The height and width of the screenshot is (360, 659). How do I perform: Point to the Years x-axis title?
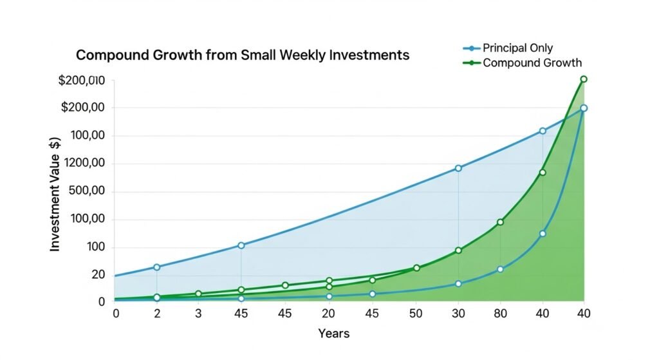coord(333,334)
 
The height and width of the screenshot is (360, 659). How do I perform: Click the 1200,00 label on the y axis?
coord(82,164)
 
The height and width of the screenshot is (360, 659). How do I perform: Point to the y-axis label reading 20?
coord(98,274)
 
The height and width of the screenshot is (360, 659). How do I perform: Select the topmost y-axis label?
coord(81,81)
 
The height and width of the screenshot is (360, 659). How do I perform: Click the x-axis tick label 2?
coord(156,314)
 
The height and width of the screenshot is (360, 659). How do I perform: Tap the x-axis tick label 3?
coord(198,314)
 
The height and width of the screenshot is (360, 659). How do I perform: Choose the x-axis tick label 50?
coord(416,314)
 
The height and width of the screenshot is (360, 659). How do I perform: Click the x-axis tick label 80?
coord(500,314)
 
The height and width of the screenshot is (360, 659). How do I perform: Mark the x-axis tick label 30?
coord(458,314)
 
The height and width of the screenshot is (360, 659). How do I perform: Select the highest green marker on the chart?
coord(584,79)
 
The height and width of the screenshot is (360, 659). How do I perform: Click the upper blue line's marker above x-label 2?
coord(156,267)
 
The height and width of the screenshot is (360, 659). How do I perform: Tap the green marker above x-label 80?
coord(500,222)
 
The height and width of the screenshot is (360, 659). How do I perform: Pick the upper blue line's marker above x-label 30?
coord(458,168)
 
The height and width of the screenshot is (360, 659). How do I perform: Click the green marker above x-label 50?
coord(416,268)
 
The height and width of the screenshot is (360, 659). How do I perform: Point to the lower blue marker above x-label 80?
coord(500,269)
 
